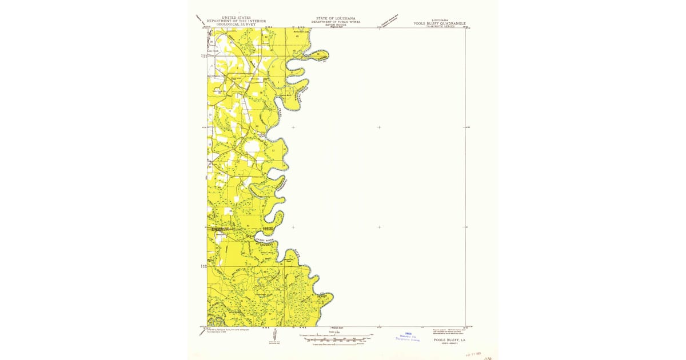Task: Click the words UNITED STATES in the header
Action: pos(236,18)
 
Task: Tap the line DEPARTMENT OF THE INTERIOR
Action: pos(236,21)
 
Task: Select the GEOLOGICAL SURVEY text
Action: pos(236,25)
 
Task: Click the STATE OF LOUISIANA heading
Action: pos(336,18)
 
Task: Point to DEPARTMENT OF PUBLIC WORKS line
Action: pos(336,22)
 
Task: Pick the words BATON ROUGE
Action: pos(336,25)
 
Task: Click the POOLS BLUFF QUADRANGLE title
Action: pos(440,23)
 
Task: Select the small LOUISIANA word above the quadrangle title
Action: pos(440,20)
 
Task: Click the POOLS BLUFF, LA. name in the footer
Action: pos(449,340)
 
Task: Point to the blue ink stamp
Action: pos(408,337)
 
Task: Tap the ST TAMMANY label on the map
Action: pos(265,244)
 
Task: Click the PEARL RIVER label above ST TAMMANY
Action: pos(265,240)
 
